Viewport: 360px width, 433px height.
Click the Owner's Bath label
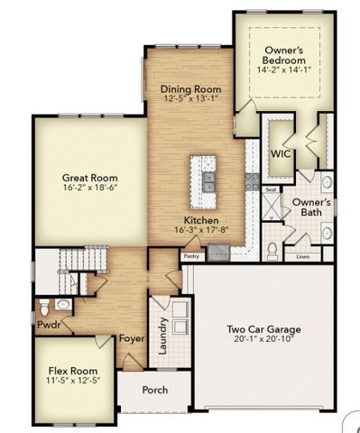311,207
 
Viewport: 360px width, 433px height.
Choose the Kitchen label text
199,221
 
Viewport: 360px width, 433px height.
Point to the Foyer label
133,339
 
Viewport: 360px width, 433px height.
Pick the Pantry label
190,256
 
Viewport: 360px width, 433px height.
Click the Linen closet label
302,256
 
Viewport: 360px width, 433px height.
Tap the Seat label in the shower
270,190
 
